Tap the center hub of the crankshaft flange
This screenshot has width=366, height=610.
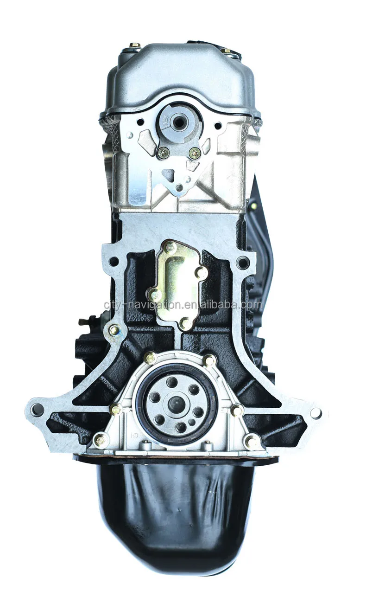177,403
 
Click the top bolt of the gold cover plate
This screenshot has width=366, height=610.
171,246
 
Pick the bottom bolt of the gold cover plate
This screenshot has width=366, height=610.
185,322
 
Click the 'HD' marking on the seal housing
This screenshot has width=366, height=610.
135,435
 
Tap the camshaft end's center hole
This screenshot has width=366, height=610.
178,122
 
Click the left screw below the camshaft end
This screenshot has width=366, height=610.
163,151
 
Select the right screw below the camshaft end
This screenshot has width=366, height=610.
195,152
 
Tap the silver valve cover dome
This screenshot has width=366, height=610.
178,74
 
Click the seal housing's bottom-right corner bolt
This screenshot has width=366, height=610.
252,441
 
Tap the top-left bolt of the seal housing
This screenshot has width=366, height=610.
150,358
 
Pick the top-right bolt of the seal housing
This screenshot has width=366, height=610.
209,360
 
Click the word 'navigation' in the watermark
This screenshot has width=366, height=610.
151,305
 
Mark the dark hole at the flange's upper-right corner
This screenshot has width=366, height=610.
243,263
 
